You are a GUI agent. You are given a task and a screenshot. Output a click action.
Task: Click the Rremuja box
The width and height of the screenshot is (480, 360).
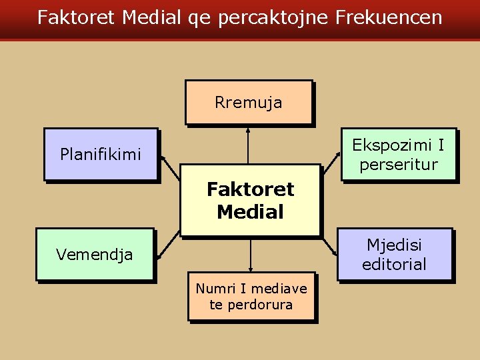click(248, 103)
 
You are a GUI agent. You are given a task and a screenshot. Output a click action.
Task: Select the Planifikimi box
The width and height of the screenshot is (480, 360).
click(101, 154)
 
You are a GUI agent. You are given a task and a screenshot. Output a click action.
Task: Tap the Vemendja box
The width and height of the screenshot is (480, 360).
click(95, 253)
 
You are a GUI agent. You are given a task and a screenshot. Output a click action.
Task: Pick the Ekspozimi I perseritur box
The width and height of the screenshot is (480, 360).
click(398, 154)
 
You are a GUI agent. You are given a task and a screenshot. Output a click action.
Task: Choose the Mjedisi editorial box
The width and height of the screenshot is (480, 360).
click(394, 254)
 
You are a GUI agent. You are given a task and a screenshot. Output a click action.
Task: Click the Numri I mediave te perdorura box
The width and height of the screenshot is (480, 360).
click(251, 297)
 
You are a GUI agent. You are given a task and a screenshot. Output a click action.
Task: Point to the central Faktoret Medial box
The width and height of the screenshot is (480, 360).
click(250, 201)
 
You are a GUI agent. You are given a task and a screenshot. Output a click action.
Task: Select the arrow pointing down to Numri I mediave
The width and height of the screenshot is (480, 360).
click(251, 255)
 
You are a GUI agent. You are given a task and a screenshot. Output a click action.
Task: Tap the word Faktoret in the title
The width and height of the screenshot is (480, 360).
click(76, 17)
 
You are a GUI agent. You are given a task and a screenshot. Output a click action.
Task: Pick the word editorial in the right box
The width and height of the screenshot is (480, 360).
click(394, 264)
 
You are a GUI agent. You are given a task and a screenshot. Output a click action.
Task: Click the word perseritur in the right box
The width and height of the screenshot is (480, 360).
click(398, 164)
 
